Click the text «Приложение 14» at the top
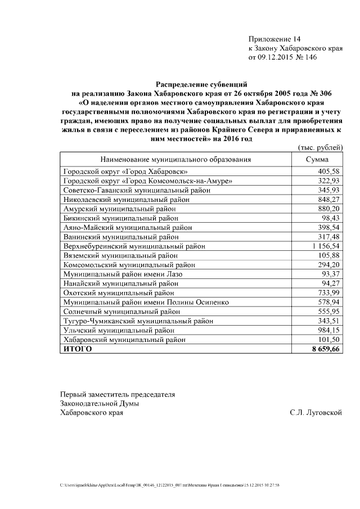coord(274,39)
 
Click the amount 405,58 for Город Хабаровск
coord(329,171)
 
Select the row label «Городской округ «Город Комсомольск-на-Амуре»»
coord(147,181)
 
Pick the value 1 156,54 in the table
coord(324,246)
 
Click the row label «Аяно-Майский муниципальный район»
coord(127,228)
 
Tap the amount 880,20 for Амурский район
coord(329,209)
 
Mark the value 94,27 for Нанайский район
coord(331,283)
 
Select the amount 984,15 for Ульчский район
coord(329,331)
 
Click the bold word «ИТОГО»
coord(77,349)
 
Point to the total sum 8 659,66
coord(323,349)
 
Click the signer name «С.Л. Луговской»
coord(316,412)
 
